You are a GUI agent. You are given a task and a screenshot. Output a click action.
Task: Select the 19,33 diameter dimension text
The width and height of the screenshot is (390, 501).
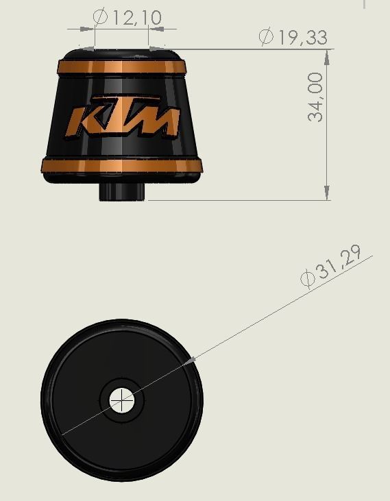pos(302,37)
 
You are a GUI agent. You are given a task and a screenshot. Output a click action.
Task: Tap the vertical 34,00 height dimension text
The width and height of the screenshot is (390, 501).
pos(315,97)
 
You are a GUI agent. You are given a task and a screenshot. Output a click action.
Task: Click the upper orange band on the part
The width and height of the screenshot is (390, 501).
pos(121,67)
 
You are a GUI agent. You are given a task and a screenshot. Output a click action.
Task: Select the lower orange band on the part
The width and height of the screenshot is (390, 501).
pos(121,166)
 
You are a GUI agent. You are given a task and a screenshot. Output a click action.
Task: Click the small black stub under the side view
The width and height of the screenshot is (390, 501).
pos(123,191)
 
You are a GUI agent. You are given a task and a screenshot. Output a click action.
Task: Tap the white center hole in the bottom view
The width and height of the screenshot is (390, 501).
pos(123,398)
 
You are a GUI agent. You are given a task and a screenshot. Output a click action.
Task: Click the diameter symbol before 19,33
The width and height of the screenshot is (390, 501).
pos(267,37)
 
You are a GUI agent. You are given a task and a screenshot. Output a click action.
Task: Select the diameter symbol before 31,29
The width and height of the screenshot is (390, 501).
pos(308,278)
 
